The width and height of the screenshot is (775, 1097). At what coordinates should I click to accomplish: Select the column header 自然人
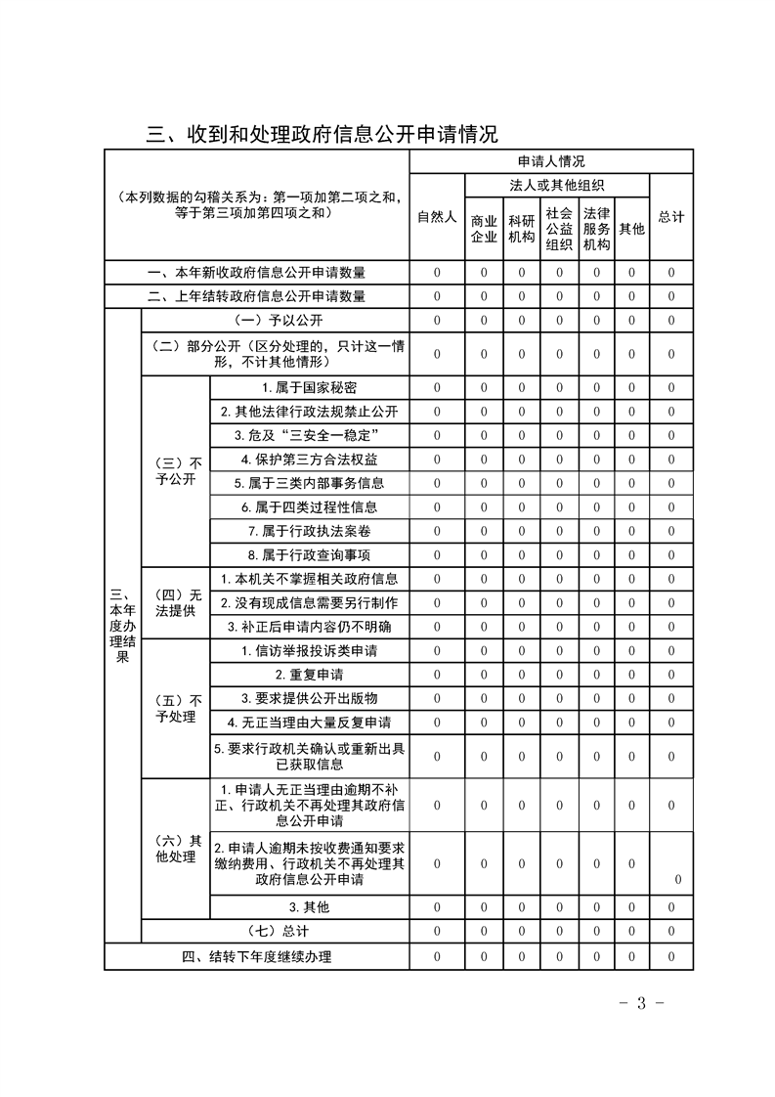pos(437,217)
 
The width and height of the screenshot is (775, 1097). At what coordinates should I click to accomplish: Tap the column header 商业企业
pos(484,228)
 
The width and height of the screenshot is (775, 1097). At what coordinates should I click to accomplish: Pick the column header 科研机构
pos(521,228)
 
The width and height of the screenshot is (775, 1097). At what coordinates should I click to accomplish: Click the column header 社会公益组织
pos(559,228)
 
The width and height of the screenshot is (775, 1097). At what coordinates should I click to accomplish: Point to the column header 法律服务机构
pos(596,228)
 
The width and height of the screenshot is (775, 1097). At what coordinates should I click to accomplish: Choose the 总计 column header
pos(671,217)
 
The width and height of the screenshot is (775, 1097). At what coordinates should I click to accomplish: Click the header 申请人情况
pos(551,161)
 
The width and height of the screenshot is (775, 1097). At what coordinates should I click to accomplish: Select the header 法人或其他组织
pos(557,185)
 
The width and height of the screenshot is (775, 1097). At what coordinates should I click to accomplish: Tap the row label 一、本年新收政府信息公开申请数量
pos(256,272)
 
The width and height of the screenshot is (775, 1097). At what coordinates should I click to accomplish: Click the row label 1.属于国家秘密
pos(309,388)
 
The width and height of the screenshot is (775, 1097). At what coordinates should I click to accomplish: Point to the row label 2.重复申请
pos(309,675)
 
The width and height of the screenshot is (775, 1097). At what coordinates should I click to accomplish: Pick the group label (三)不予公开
pos(176,471)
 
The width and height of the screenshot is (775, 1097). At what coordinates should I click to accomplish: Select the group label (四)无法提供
pos(176,602)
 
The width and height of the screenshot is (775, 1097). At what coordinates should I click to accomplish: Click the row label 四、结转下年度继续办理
pos(256,956)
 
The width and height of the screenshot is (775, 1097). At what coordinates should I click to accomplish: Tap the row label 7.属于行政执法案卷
pos(309,531)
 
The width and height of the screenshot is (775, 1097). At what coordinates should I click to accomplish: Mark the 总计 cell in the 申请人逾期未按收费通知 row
pos(677,880)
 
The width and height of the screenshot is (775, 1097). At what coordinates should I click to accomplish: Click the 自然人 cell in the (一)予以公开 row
pos(437,321)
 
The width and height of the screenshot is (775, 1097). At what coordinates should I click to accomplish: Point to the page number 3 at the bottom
pos(642,1002)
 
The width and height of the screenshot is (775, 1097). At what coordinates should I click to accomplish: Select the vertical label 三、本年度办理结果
pos(122,626)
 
